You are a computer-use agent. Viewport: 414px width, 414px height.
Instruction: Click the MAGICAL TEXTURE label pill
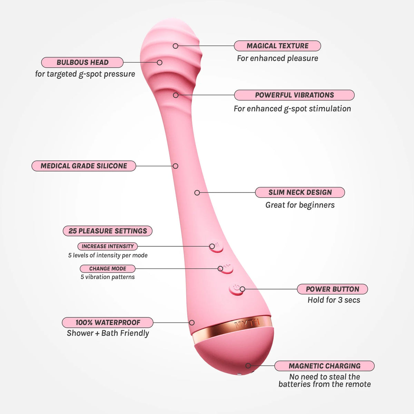(x=277, y=46)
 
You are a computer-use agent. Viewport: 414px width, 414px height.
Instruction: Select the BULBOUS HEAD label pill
(x=82, y=62)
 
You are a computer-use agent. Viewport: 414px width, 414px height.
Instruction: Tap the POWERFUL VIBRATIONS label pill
(x=294, y=95)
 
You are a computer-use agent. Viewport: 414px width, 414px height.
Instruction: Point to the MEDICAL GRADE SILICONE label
(x=84, y=166)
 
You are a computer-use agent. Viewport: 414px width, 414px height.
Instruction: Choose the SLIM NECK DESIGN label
(x=300, y=192)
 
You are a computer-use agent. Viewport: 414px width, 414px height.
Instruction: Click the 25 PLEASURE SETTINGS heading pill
(x=108, y=231)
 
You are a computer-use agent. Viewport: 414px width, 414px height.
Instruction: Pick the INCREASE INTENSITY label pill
(x=108, y=246)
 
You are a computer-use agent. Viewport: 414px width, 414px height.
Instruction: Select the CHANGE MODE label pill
(x=108, y=268)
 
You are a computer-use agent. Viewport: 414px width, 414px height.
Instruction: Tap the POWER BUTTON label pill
(x=332, y=289)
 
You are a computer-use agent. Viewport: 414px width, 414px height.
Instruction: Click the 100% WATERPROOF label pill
(x=108, y=323)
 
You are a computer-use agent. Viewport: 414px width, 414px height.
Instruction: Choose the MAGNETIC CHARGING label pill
(x=324, y=366)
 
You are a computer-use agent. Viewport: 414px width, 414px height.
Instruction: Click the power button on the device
(x=236, y=289)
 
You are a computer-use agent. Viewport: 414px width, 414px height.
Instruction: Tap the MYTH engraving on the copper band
(x=247, y=323)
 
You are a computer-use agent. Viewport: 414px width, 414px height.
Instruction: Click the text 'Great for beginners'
(x=300, y=205)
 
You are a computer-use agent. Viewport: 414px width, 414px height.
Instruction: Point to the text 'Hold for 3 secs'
(x=334, y=300)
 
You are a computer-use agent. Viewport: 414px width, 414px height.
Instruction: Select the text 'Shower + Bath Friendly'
(x=108, y=333)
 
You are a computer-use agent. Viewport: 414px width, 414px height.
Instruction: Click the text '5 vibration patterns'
(x=108, y=277)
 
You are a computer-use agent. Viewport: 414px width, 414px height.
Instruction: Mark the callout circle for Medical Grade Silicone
(x=176, y=166)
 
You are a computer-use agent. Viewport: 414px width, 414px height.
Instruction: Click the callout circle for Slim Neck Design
(x=197, y=193)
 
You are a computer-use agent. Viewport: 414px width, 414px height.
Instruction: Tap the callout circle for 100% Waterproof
(x=192, y=323)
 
